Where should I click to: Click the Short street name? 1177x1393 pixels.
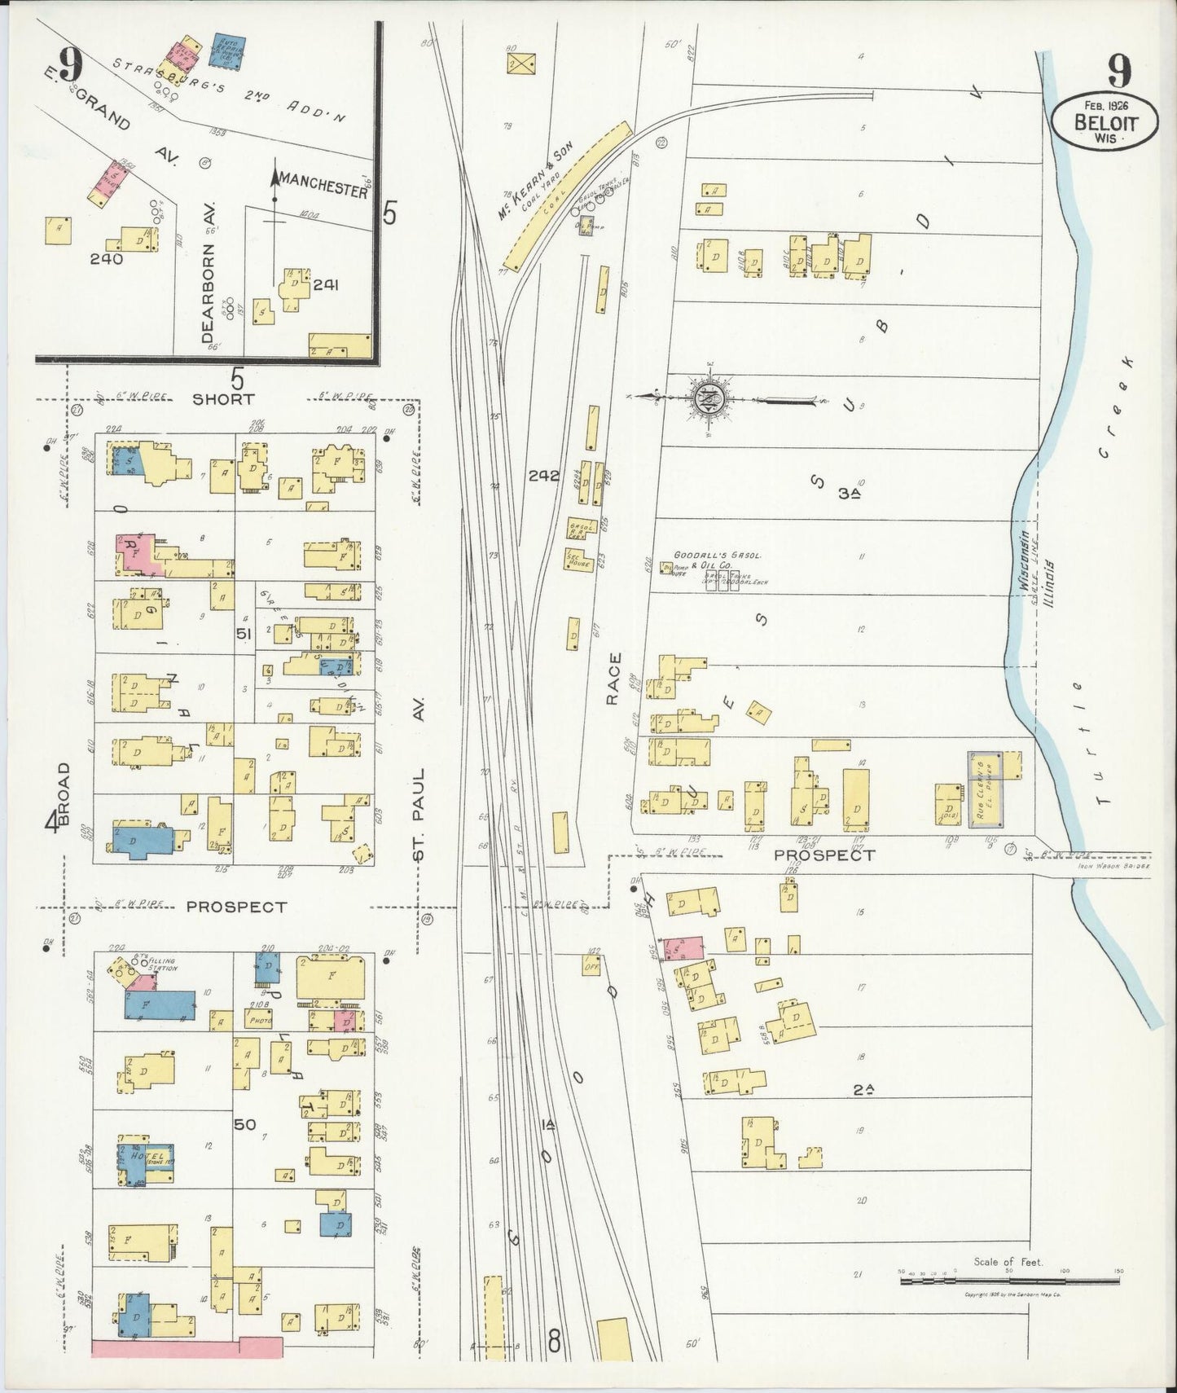click(223, 399)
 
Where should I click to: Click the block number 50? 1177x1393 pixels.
click(244, 1125)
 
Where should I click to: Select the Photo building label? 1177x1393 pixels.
click(259, 1018)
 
